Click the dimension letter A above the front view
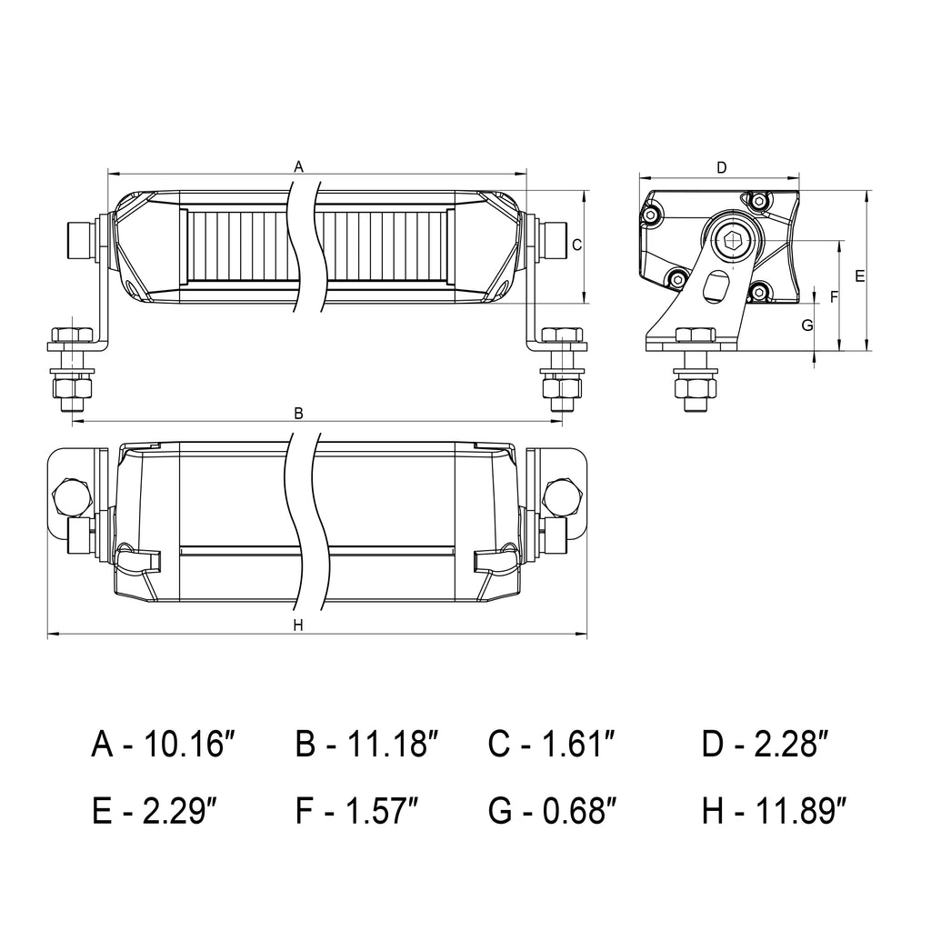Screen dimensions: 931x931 (298, 166)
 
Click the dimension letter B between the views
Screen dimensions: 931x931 (298, 414)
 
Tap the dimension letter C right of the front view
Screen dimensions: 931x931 (576, 244)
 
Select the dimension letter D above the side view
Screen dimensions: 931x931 (721, 167)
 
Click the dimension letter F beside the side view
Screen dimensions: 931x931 (834, 296)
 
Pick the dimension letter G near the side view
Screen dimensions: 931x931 (806, 325)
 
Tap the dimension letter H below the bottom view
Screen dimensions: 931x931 (298, 625)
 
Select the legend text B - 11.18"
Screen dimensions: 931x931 (367, 745)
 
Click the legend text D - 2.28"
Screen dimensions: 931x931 (766, 745)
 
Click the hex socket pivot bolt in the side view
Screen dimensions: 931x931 (733, 240)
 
